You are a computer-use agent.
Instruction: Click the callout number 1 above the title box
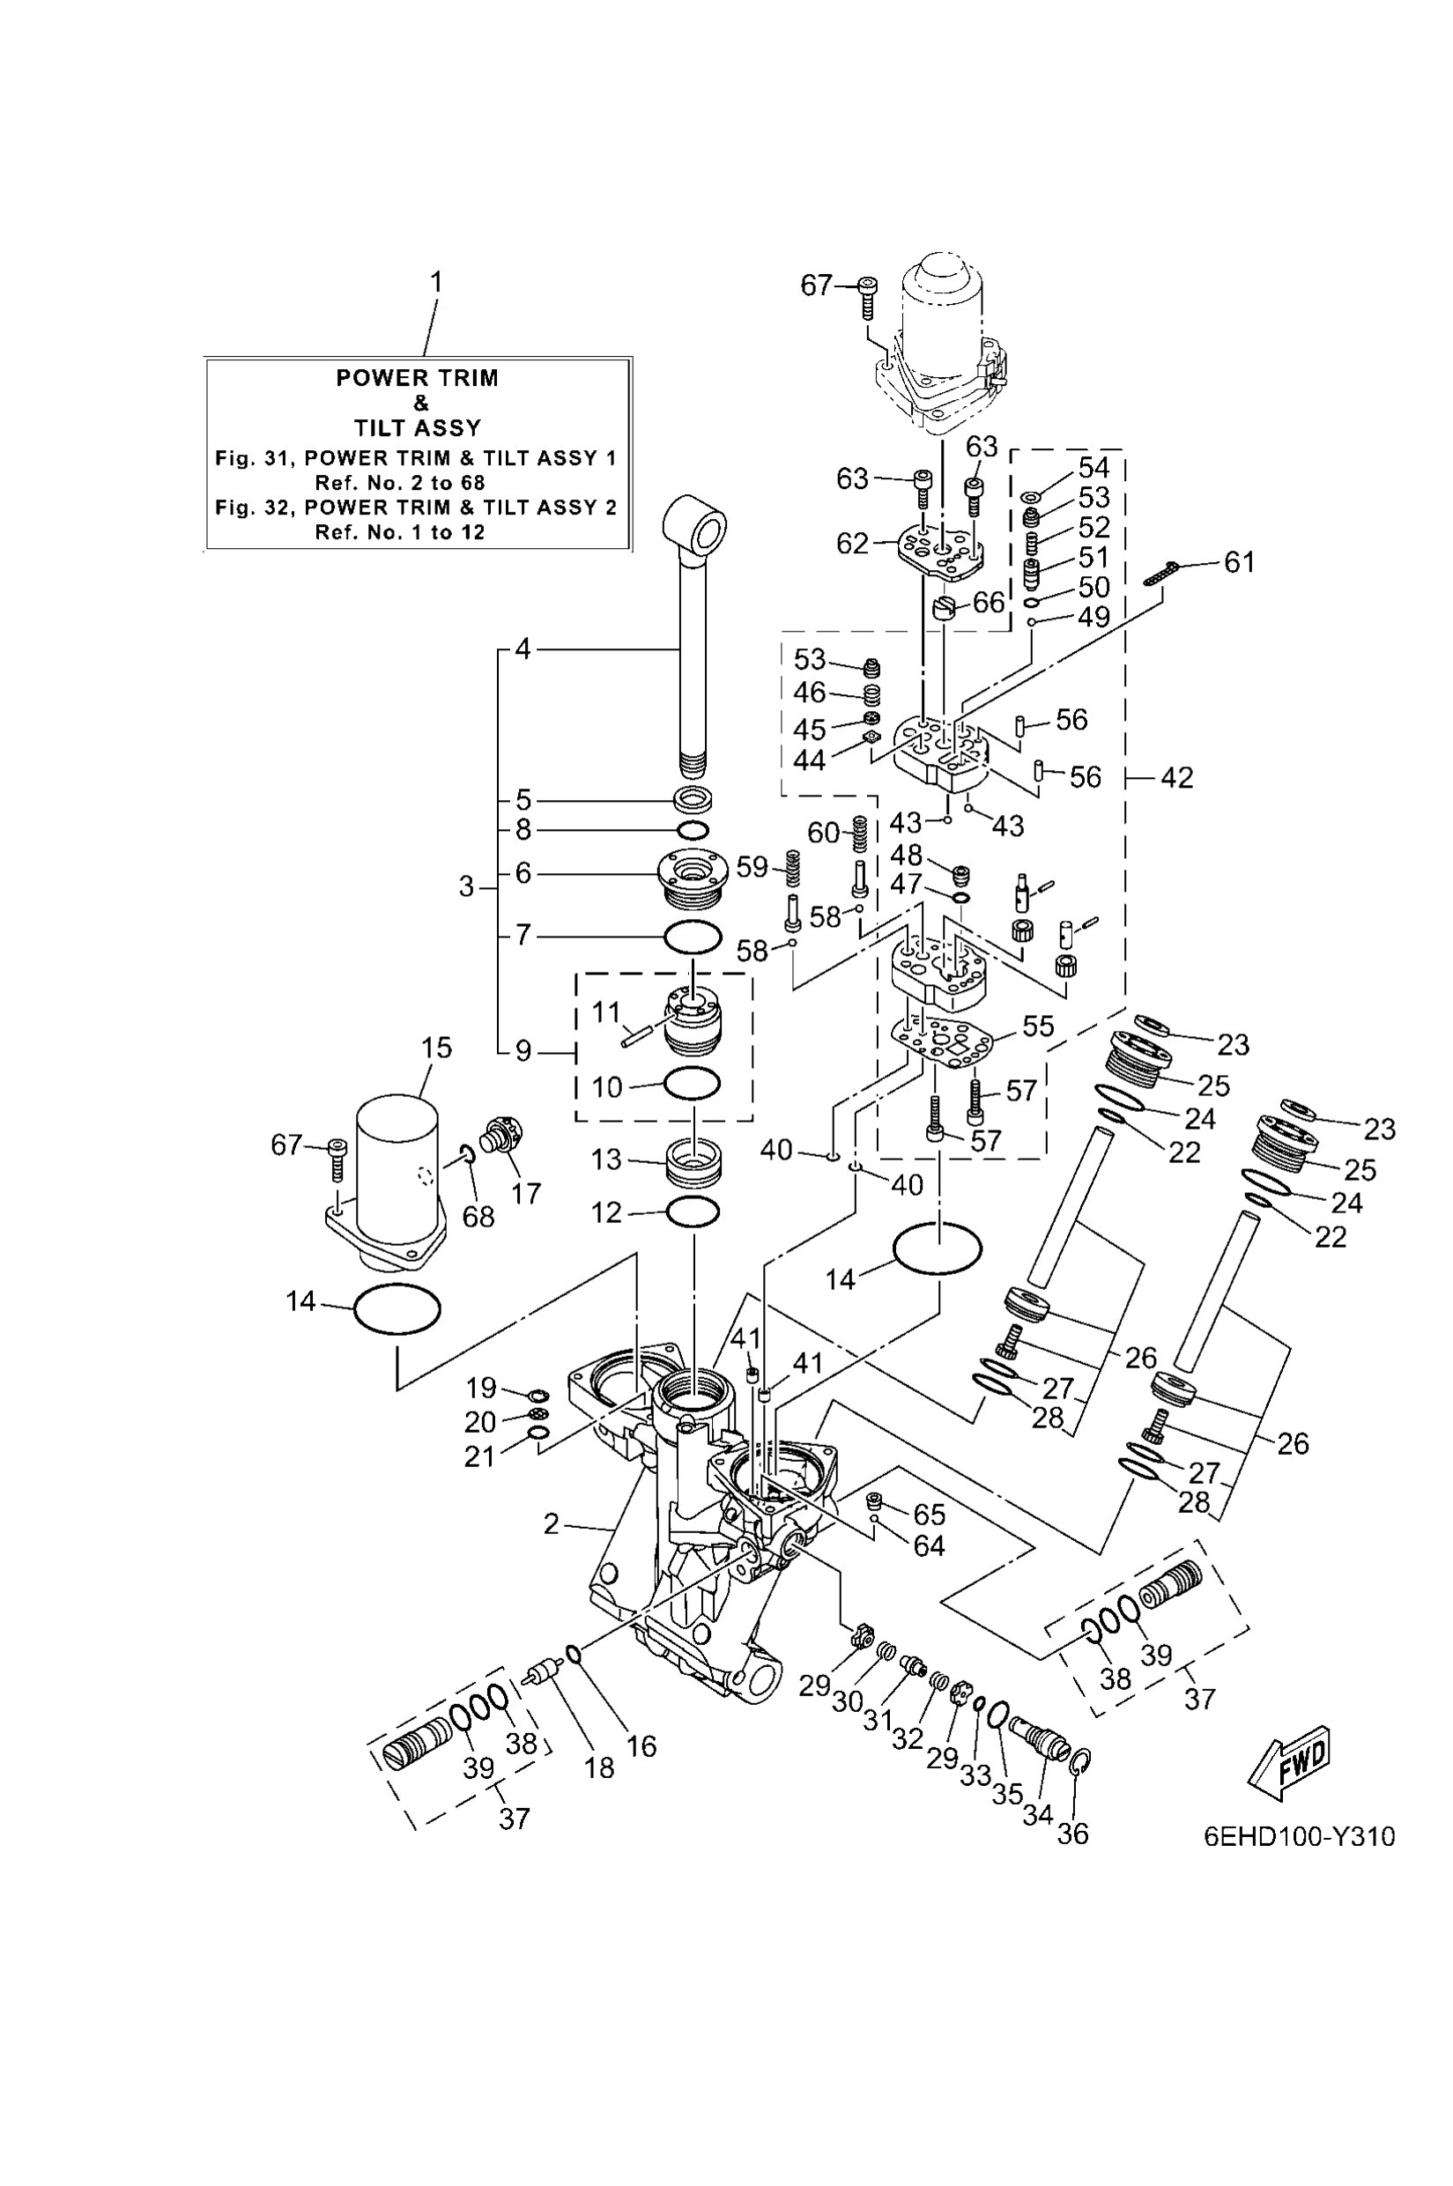point(435,282)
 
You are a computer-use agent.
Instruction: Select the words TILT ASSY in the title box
point(417,428)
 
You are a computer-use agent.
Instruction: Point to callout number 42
point(1177,777)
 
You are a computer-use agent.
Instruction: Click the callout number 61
point(1239,561)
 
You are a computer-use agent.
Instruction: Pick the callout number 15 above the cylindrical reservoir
point(436,1048)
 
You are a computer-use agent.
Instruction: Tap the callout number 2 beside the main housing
point(552,1523)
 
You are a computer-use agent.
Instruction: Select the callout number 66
point(989,603)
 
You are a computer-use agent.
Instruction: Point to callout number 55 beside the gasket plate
point(1038,1026)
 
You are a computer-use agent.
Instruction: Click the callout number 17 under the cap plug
point(525,1194)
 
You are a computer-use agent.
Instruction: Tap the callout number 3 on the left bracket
point(467,886)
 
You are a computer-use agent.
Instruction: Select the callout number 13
point(606,1160)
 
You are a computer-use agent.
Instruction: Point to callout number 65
point(930,1515)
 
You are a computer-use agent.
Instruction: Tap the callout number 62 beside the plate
point(853,543)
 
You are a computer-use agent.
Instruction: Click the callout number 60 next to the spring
point(824,832)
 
